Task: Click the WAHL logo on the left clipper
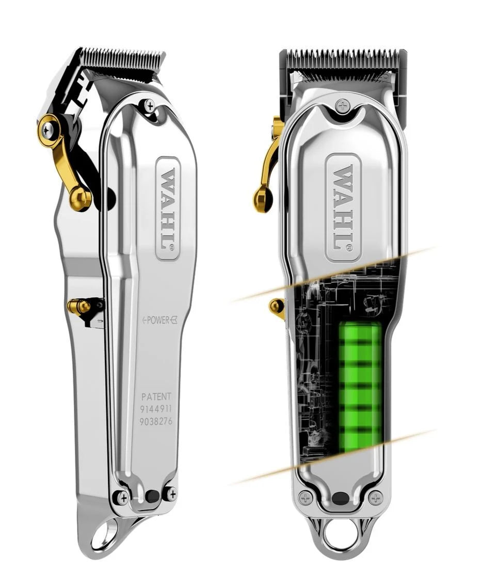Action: click(x=167, y=209)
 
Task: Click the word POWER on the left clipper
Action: click(x=158, y=320)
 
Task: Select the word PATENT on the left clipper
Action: click(x=156, y=396)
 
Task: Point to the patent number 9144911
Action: click(x=156, y=409)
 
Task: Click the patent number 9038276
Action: click(x=156, y=421)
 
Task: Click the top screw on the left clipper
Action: click(x=150, y=106)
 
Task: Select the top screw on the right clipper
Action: click(x=342, y=106)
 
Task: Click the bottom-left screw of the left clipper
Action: click(x=121, y=497)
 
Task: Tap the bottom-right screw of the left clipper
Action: click(x=171, y=494)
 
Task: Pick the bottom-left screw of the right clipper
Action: click(x=306, y=498)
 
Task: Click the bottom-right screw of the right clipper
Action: click(x=376, y=498)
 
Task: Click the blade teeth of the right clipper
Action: click(x=343, y=60)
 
